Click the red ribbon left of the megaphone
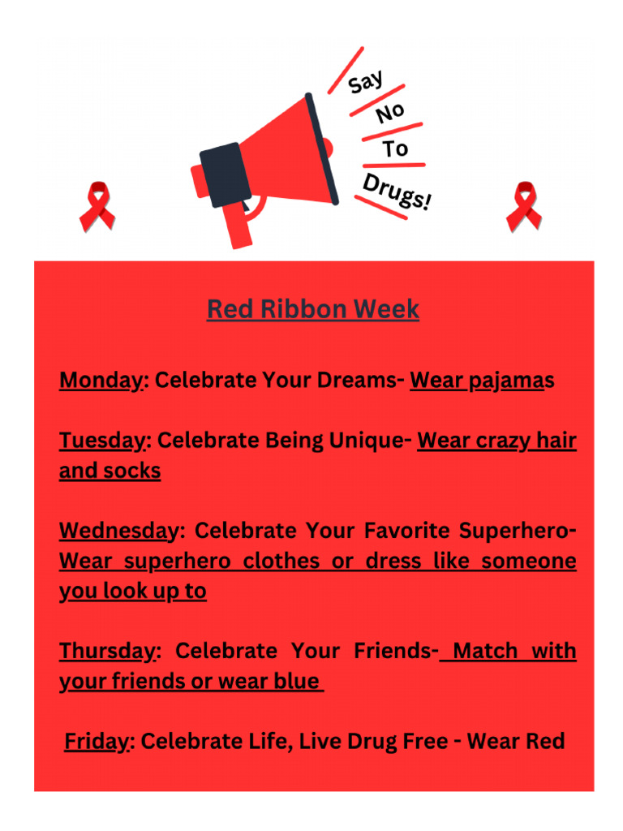coord(97,206)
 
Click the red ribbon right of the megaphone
coord(523,206)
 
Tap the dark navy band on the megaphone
coord(220,174)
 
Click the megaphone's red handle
coord(240,227)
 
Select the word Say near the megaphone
coord(367,82)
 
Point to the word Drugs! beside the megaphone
coord(397,192)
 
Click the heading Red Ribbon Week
coord(313,309)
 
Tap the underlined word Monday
coord(101,381)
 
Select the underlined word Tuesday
coord(101,441)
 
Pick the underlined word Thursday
coord(107,651)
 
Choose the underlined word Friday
coord(97,741)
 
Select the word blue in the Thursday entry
coord(296,682)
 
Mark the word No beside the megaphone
coord(390,114)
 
